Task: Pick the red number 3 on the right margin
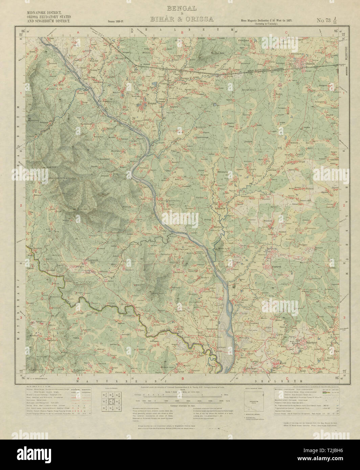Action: click(344, 318)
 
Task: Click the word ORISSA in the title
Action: click(201, 19)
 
